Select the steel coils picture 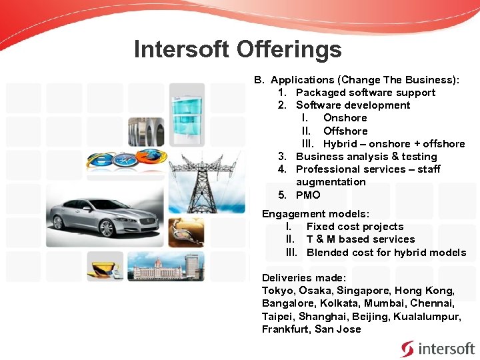146,131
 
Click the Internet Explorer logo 101,160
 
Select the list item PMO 308,195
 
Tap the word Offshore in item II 345,131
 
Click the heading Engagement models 315,213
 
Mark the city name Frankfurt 285,329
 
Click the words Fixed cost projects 355,226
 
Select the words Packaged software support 365,93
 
